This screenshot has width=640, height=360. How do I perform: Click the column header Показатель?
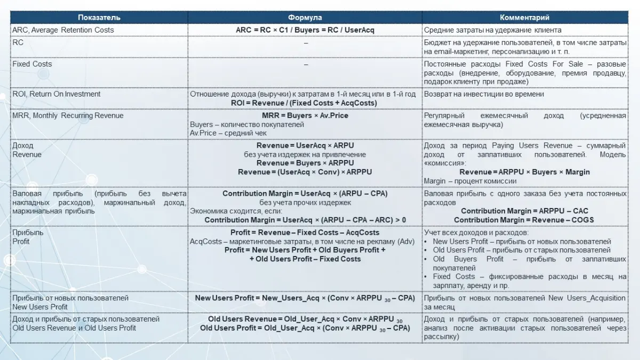[x=99, y=18]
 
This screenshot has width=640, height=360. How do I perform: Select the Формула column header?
[x=305, y=18]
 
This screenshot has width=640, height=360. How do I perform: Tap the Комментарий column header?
[x=525, y=18]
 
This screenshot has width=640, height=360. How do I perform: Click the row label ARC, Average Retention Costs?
[x=63, y=30]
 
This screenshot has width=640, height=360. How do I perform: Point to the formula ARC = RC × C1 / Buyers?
[x=305, y=30]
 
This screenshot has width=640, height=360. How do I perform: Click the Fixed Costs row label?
[x=32, y=64]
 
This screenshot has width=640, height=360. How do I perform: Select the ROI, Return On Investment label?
[x=56, y=94]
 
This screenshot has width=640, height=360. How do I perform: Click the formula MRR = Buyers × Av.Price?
[x=305, y=116]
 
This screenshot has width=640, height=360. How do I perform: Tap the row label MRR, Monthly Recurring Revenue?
[x=68, y=116]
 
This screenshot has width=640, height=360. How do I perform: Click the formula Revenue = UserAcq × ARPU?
[x=305, y=146]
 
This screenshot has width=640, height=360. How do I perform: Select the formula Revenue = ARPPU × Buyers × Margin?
[x=525, y=172]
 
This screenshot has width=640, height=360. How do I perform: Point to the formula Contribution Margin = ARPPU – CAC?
[x=525, y=211]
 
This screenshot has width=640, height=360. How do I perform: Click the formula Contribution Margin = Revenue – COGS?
[x=525, y=220]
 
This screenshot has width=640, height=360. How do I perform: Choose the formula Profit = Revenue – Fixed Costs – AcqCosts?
[x=305, y=233]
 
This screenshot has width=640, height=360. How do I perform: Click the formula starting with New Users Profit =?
[x=305, y=298]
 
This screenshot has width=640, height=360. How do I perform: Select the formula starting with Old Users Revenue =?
[x=305, y=319]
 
